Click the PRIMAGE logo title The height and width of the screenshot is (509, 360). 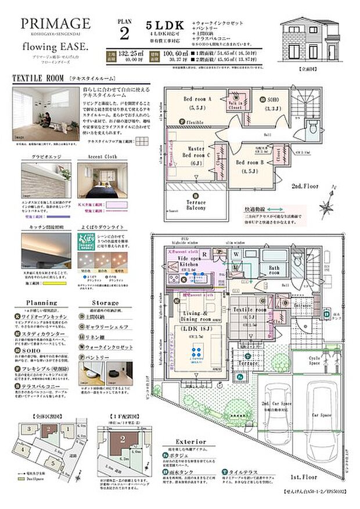[x=56, y=24]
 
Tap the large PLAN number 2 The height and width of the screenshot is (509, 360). [x=125, y=33]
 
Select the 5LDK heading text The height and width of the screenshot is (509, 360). [x=165, y=26]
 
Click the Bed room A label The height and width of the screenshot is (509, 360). [x=197, y=99]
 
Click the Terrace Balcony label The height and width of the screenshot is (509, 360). [x=196, y=204]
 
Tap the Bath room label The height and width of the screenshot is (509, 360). [x=275, y=269]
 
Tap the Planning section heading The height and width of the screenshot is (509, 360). [x=42, y=303]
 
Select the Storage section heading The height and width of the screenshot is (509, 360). [x=106, y=303]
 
